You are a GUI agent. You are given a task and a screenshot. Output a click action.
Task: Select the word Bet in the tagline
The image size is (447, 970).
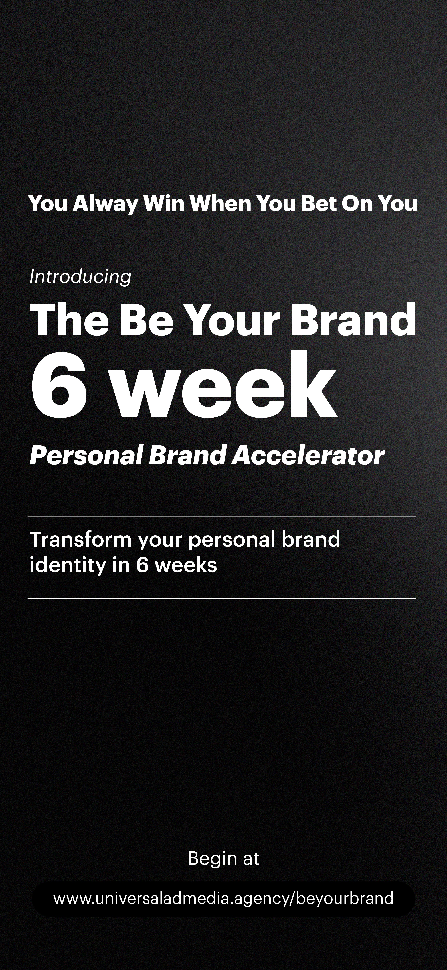tap(318, 204)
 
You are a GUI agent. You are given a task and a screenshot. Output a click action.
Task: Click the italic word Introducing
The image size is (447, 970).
tap(80, 277)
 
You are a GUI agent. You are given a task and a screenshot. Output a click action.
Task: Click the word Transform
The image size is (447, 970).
tap(80, 539)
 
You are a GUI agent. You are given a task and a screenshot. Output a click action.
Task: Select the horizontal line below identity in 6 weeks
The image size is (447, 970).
tap(222, 598)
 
